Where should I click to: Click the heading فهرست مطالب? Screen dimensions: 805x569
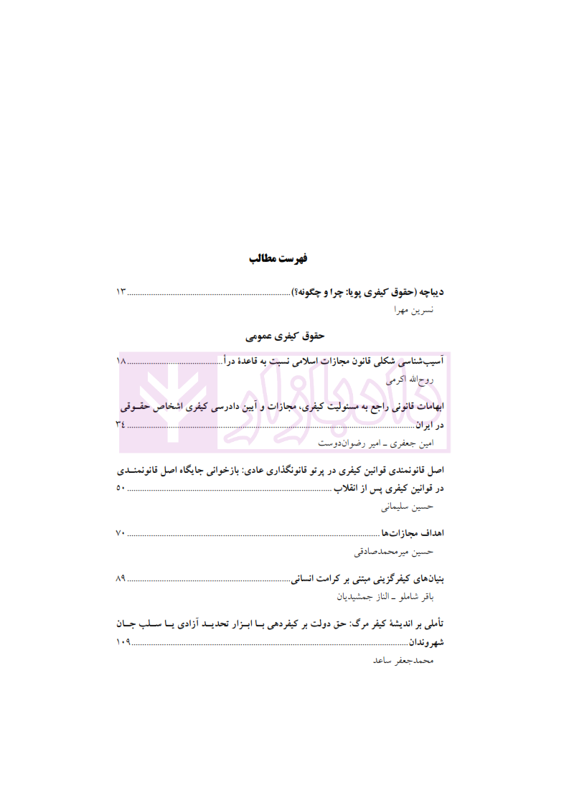[283, 258]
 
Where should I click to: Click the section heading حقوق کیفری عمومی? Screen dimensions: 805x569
[285, 335]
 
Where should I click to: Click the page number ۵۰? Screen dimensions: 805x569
[121, 490]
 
